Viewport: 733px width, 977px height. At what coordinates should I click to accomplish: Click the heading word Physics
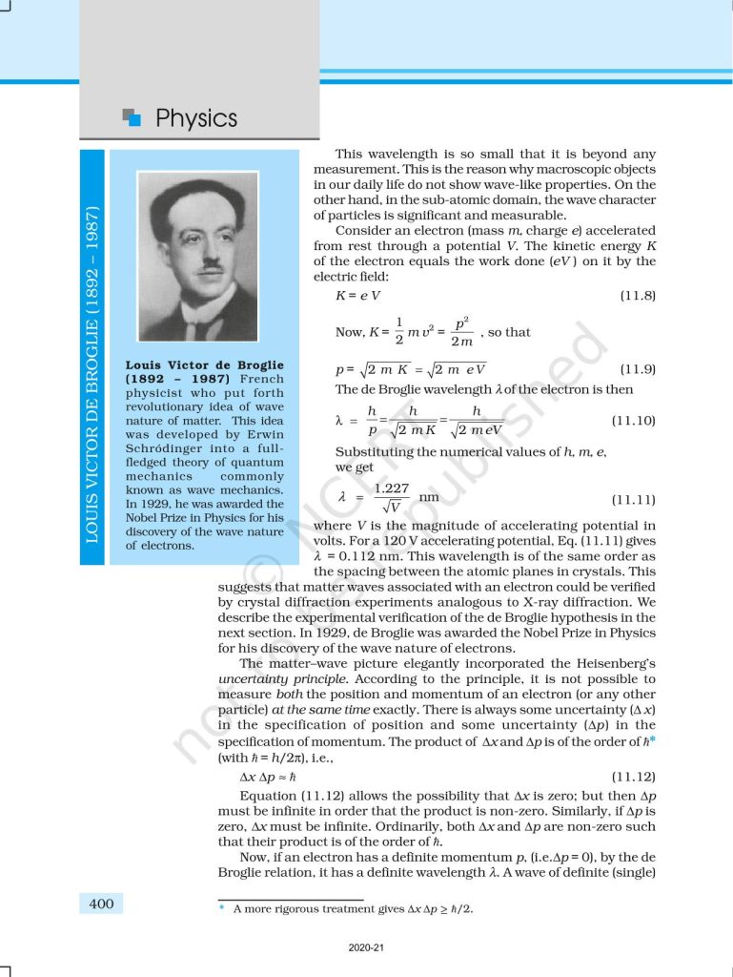tap(195, 119)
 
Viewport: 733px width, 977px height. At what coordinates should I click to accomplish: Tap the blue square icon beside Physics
tap(132, 117)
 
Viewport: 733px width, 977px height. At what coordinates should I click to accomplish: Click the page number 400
tap(100, 904)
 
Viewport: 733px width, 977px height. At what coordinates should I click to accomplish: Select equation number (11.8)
tap(637, 296)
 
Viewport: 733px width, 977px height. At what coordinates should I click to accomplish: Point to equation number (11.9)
tap(637, 369)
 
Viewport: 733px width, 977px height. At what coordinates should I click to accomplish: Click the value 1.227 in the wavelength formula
tap(392, 488)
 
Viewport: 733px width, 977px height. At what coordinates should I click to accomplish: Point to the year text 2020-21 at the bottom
tap(366, 948)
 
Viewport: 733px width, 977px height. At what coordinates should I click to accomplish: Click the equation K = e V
tap(351, 296)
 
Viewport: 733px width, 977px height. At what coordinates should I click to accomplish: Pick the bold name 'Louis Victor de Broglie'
tap(204, 364)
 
